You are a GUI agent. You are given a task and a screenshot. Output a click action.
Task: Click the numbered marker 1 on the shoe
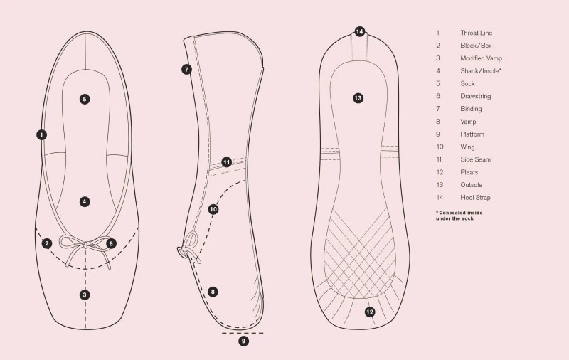pos(42,134)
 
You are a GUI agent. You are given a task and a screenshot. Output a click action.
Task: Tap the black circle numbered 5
pos(85,99)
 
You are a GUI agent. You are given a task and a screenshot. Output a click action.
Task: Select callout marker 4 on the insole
pos(85,201)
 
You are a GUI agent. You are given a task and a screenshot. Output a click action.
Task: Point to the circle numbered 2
pos(47,243)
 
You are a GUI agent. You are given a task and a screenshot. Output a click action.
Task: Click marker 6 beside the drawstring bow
pos(111,243)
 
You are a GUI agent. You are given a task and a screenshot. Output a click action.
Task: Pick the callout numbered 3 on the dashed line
pos(85,295)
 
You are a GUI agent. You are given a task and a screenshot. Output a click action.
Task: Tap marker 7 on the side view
pos(186,70)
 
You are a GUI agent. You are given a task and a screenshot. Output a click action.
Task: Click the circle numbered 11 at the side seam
pos(226,162)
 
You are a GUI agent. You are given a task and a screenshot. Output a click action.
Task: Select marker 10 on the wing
pos(213,209)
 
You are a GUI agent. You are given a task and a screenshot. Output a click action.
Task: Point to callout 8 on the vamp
pos(213,292)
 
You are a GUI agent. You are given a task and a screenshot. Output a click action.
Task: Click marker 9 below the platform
pos(244,342)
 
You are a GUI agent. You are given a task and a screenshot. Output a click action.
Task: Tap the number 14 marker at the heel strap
pos(360,31)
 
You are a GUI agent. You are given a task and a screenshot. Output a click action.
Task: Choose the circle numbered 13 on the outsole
pos(358,98)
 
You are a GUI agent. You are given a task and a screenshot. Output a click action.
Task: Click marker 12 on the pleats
pos(370,312)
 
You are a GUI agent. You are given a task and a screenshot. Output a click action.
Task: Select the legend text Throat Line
pos(476,33)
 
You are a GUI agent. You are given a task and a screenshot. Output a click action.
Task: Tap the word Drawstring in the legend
pos(475,96)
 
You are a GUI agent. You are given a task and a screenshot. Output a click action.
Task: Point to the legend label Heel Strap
pos(475,197)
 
